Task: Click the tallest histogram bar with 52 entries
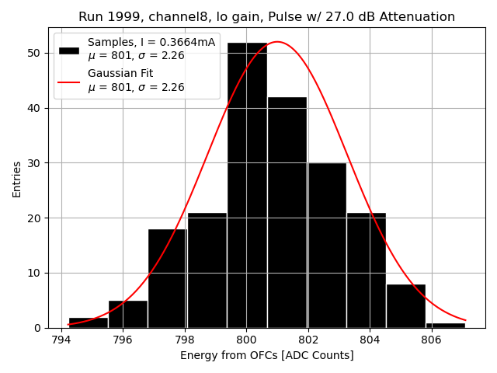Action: tap(247, 186)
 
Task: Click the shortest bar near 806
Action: tap(446, 325)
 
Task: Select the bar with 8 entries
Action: tap(406, 306)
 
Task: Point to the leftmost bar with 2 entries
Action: tap(89, 322)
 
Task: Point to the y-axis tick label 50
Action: tap(36, 53)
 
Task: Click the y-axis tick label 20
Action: tap(36, 218)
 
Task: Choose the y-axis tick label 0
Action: tap(39, 328)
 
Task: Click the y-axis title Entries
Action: tap(17, 178)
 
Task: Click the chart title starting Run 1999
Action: tap(266, 17)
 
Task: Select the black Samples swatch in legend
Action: tap(69, 50)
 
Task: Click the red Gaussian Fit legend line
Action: tap(69, 81)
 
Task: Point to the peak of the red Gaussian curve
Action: tap(277, 42)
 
